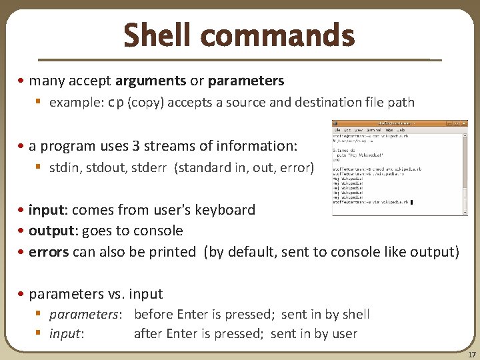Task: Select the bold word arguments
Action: click(x=151, y=81)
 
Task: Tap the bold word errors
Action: click(x=49, y=252)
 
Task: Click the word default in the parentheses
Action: click(x=251, y=252)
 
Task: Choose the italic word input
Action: click(x=66, y=333)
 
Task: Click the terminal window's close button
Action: click(x=464, y=123)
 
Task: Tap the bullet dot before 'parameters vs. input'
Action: click(x=23, y=294)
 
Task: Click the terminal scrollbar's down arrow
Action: click(x=465, y=211)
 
